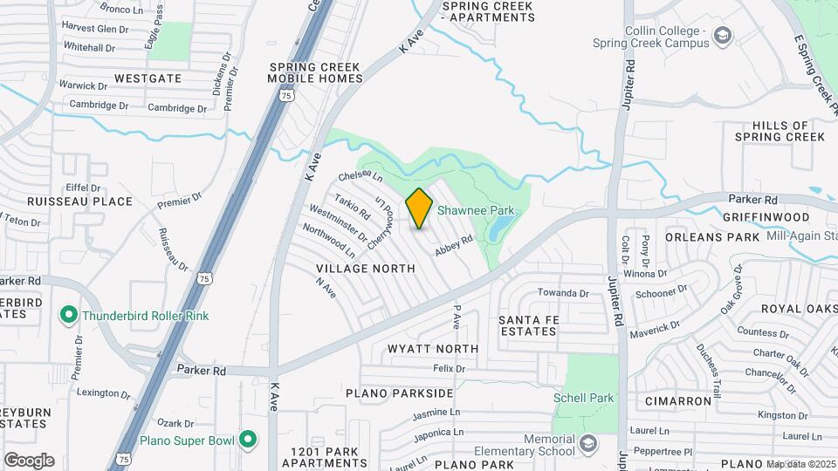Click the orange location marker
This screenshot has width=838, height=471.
click(x=419, y=208)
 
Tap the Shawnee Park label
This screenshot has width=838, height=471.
click(x=475, y=210)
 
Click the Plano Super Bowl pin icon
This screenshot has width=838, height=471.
click(x=248, y=439)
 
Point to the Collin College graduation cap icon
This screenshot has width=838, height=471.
click(x=722, y=36)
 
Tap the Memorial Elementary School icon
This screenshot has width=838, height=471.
click(x=587, y=445)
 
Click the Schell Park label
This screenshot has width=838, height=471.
click(x=583, y=398)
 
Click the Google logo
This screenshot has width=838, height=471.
click(x=29, y=460)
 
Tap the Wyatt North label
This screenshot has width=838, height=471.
click(x=433, y=349)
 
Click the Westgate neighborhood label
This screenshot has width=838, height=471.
click(x=148, y=78)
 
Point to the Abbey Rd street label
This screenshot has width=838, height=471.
click(x=454, y=244)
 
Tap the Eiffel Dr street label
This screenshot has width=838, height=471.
click(x=85, y=188)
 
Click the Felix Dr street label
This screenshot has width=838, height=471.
click(x=449, y=369)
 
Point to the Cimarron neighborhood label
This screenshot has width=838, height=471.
click(x=678, y=401)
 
